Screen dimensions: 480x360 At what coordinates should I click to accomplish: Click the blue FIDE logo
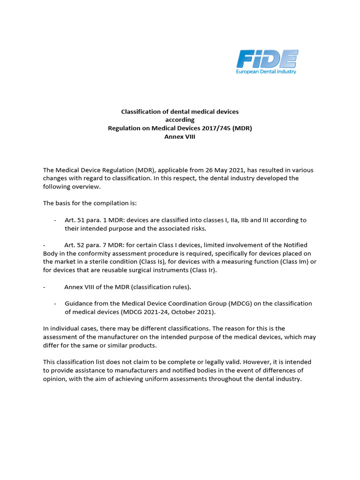point(267,59)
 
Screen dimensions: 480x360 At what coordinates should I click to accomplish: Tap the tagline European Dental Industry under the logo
point(266,72)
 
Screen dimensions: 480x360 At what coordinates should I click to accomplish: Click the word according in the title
point(180,120)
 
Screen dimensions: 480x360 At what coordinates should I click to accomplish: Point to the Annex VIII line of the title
point(180,136)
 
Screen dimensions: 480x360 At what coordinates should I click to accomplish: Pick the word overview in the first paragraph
point(87,187)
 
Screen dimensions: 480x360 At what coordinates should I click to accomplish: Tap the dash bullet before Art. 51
point(55,220)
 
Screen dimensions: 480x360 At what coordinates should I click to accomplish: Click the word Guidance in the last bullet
point(79,303)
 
